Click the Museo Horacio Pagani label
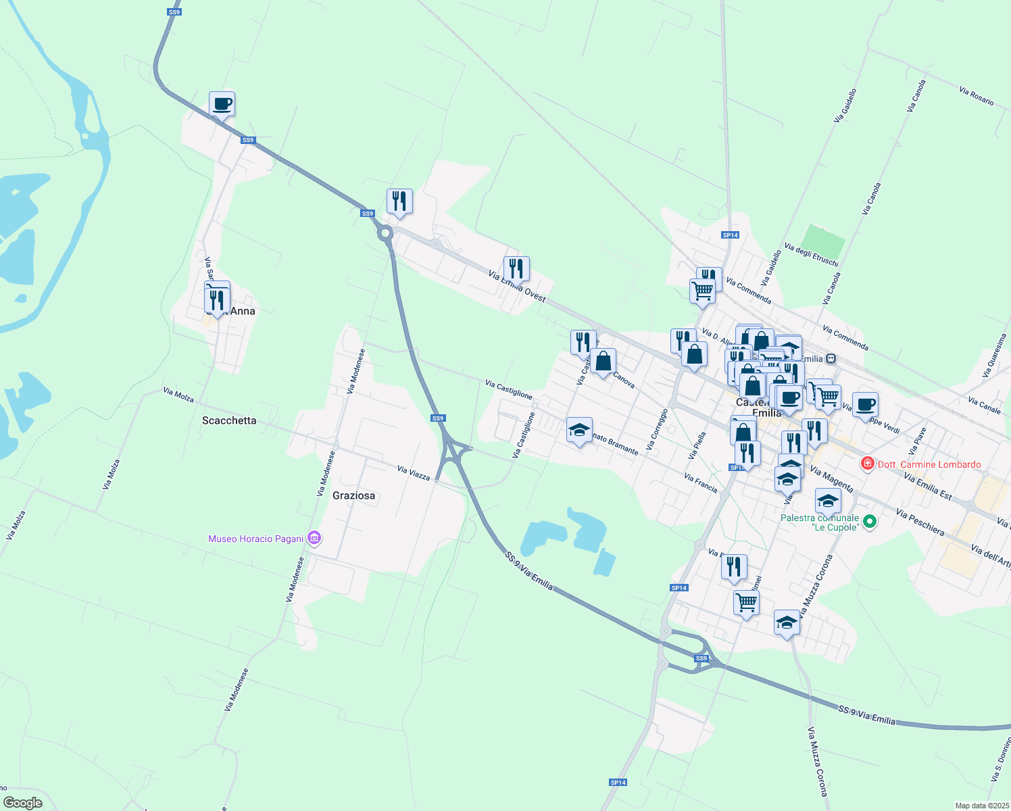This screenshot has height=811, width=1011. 255,539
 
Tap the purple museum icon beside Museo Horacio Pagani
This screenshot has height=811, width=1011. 314,538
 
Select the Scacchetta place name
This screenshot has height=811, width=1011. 229,420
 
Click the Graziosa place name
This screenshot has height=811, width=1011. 353,495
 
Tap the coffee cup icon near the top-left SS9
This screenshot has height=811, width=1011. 222,105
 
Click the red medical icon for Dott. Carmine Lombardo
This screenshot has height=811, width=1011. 867,464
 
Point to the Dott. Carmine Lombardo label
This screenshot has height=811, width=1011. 929,464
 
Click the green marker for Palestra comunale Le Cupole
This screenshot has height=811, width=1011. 870,522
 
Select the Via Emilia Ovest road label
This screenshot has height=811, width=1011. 517,285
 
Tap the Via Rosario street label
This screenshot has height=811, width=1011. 977,96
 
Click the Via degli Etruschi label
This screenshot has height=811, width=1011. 812,255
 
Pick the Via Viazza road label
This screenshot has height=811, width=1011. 414,472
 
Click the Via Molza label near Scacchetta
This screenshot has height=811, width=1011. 178,395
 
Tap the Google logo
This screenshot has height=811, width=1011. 22,803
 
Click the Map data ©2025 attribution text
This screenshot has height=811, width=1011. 982,806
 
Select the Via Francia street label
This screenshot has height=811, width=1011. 700,483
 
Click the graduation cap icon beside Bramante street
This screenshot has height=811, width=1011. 579,430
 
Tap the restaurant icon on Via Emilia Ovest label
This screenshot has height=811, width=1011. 516,269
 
